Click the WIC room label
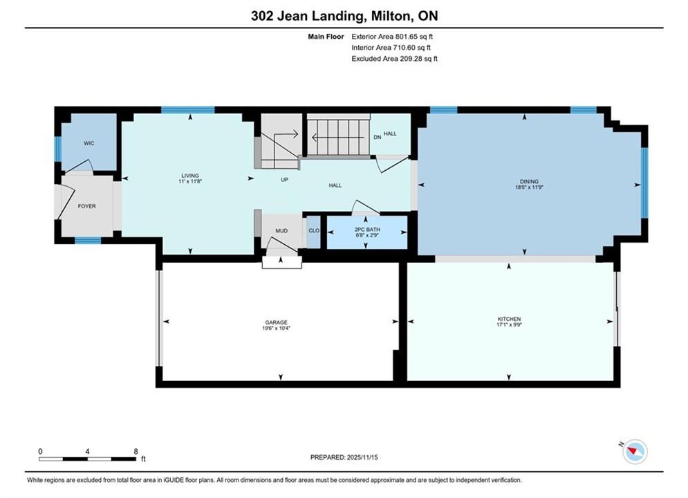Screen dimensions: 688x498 point(89,143)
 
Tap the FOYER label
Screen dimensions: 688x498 point(87,206)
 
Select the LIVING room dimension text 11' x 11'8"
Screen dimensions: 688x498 point(190,181)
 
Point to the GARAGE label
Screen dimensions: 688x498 point(276,322)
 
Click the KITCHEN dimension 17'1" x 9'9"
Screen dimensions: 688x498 point(509,324)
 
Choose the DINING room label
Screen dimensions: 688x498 point(529,182)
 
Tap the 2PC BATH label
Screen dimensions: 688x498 point(367,230)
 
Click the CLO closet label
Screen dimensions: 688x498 point(314,231)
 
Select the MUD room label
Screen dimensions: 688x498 point(281,231)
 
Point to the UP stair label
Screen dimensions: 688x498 point(284,180)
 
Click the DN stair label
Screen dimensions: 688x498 point(378,138)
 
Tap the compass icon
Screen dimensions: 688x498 point(635,452)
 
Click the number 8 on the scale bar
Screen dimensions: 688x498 point(136,452)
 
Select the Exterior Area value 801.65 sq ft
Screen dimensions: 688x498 point(414,37)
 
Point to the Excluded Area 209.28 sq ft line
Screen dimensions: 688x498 point(394,59)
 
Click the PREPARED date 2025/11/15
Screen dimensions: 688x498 point(362,457)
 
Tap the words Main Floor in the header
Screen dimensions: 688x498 point(326,37)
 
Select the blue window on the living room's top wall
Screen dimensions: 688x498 point(188,110)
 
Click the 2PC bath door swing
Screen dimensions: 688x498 point(364,207)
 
